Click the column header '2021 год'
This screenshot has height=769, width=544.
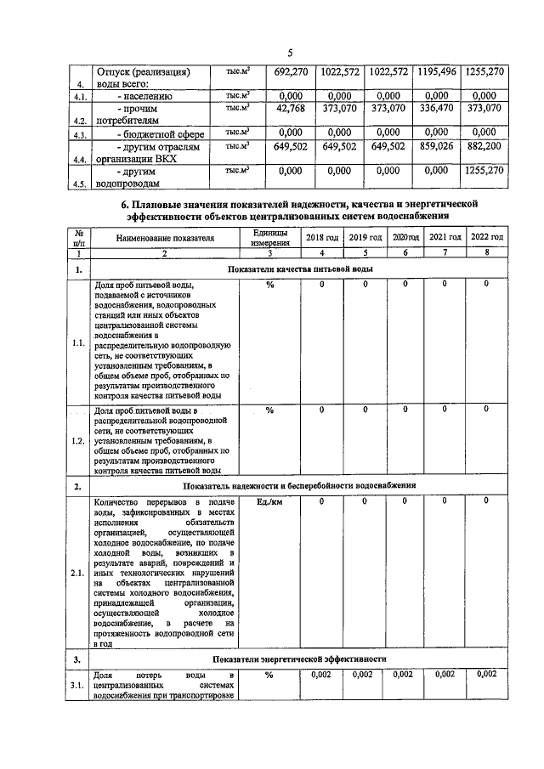pos(445,237)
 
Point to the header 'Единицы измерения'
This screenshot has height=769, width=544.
pos(269,239)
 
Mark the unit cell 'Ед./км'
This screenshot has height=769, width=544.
pos(269,501)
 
